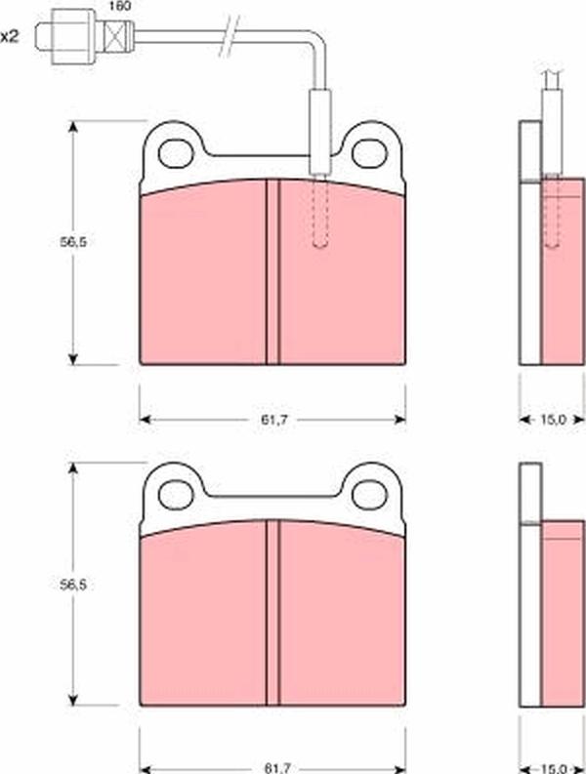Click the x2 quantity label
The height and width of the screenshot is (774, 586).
pos(9,36)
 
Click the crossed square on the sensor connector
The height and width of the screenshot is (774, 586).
pos(116,36)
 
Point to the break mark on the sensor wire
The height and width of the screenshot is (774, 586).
pos(229,35)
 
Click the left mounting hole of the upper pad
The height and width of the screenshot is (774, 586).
pos(177,153)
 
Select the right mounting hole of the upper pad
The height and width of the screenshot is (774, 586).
pos(369,153)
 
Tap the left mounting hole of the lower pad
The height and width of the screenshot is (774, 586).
pos(177,495)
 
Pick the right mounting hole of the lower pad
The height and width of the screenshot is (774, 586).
pos(369,495)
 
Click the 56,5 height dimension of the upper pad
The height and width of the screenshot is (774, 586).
pos(73,242)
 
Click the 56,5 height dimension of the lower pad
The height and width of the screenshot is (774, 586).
pos(73,585)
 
